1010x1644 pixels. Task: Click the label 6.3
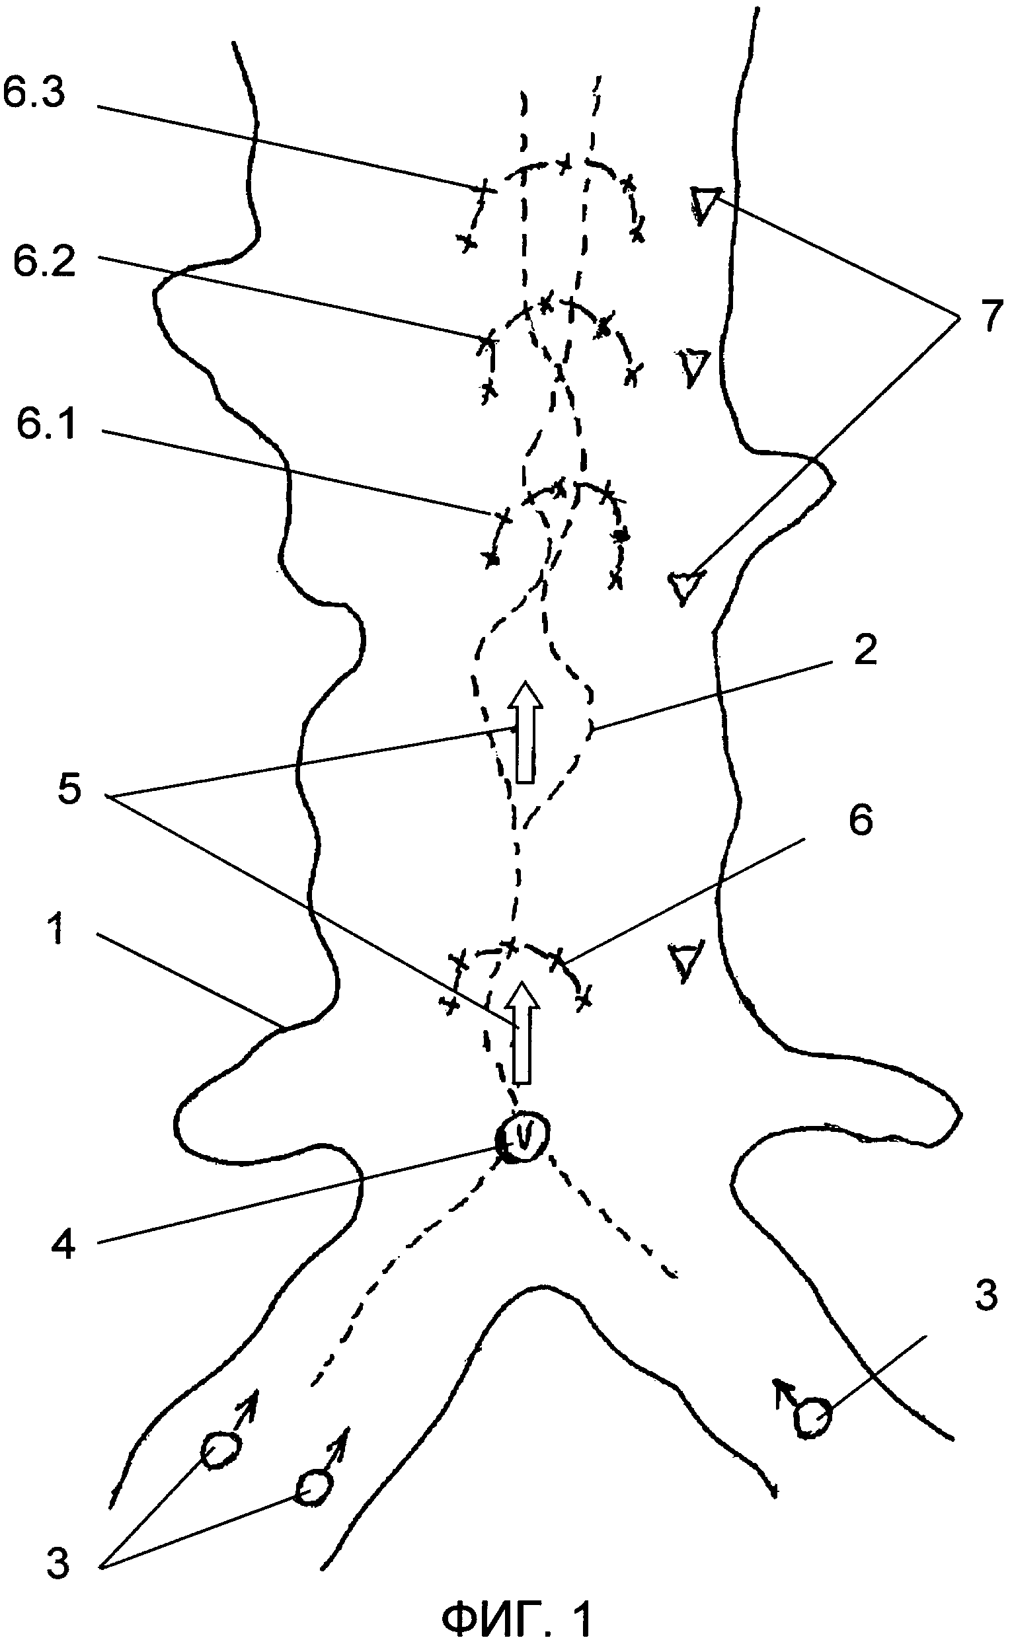(x=34, y=91)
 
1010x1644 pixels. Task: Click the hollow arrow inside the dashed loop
(x=525, y=731)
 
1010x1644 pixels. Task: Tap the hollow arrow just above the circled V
(x=522, y=1031)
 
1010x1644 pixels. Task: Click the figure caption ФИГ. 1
(x=516, y=1617)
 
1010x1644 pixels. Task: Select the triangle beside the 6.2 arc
(x=695, y=365)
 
